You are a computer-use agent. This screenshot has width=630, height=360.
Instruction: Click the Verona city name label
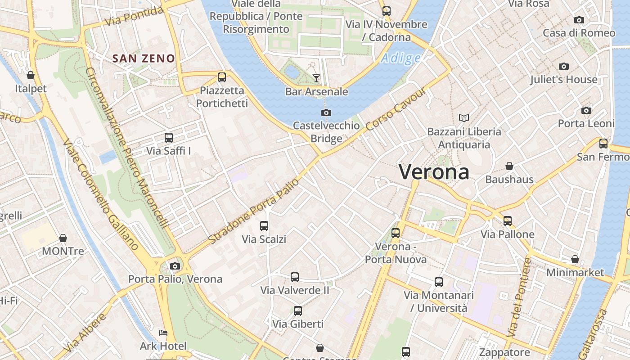[x=434, y=172]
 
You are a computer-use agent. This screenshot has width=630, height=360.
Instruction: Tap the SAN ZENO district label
[x=144, y=58]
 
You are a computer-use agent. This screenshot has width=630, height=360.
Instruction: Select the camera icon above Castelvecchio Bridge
[x=326, y=112]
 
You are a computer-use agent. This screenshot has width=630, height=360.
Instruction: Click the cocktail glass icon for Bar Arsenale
[x=316, y=78]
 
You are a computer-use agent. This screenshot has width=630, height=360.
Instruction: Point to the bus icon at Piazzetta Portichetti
[x=222, y=77]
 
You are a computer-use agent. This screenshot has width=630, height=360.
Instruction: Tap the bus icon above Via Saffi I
[x=169, y=138]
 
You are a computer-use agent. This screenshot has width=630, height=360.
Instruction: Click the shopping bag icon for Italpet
[x=31, y=75]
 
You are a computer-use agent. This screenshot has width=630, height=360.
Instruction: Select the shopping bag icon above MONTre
[x=63, y=238]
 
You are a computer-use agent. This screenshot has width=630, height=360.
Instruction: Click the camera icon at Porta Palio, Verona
[x=175, y=266]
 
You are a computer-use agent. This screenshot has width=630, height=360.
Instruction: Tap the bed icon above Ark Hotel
[x=163, y=333]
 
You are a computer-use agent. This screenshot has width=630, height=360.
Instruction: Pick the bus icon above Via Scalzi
[x=264, y=225]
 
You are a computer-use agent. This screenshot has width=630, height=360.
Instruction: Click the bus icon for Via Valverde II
[x=295, y=277]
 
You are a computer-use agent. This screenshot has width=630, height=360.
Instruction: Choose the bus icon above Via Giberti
[x=297, y=310]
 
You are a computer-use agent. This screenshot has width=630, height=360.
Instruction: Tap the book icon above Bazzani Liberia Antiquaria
[x=464, y=118]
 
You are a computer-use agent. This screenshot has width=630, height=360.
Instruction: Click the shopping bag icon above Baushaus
[x=509, y=166]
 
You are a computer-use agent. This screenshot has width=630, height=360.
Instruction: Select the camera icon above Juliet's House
[x=563, y=67]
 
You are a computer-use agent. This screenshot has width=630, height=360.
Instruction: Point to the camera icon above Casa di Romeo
[x=579, y=20]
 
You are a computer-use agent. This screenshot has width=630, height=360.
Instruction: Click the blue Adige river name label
[x=401, y=58]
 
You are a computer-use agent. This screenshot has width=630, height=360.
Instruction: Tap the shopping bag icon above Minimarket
[x=575, y=259]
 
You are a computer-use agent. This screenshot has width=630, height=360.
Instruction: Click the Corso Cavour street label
[x=396, y=109]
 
